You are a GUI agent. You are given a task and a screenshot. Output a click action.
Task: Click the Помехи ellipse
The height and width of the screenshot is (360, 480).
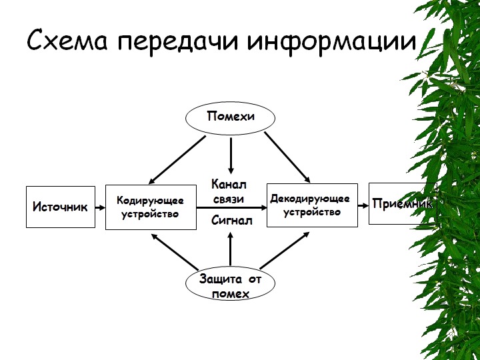230,117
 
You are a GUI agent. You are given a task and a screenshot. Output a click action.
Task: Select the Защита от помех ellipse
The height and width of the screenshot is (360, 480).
230,285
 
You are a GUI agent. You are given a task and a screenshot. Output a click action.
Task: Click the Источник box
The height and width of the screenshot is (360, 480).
60,207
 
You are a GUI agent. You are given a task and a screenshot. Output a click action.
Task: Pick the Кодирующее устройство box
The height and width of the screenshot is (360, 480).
151,207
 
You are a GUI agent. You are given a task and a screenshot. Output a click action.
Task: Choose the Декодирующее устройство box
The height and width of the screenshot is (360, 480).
311,205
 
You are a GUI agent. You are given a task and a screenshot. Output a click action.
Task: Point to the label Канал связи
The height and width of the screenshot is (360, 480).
229,191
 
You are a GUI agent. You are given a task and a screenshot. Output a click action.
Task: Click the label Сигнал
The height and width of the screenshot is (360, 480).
231,220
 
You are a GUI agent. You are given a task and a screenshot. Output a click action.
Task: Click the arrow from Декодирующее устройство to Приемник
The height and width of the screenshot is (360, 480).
363,205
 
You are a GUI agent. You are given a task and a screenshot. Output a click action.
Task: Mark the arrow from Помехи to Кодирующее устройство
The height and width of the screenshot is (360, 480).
174,158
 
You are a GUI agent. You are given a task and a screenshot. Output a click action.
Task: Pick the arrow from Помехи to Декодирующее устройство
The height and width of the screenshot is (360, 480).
287,157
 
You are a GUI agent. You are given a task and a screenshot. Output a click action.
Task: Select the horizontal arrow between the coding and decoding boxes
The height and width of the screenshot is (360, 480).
231,208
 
